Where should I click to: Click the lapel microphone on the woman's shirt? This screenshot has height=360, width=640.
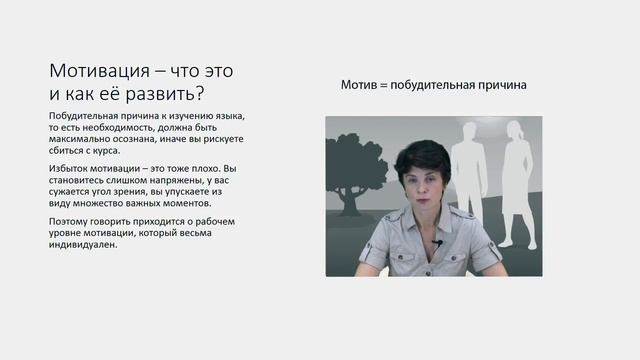click(x=438, y=242)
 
